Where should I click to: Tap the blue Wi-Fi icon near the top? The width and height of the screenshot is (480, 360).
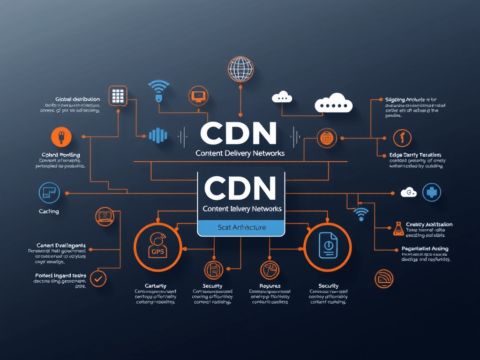(x=158, y=88)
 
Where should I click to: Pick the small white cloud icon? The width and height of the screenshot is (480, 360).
(x=282, y=97)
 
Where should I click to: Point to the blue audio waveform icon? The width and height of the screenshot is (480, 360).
(x=157, y=135)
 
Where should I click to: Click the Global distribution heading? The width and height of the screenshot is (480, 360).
(x=77, y=99)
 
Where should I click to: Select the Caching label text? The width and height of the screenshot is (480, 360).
(x=49, y=211)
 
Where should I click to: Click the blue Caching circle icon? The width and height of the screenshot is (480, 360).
(x=48, y=193)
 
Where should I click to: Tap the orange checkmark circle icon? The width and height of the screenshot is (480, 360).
(x=97, y=278)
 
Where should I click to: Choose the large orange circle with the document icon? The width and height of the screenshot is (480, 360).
(x=328, y=247)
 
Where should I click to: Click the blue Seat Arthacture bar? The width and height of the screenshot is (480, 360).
(x=241, y=228)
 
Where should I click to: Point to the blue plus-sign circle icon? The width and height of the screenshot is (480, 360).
(x=431, y=193)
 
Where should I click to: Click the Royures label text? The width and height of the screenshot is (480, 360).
(x=270, y=286)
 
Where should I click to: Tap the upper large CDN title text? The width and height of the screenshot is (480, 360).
(x=238, y=134)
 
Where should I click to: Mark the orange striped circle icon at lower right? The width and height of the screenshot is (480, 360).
(x=384, y=278)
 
